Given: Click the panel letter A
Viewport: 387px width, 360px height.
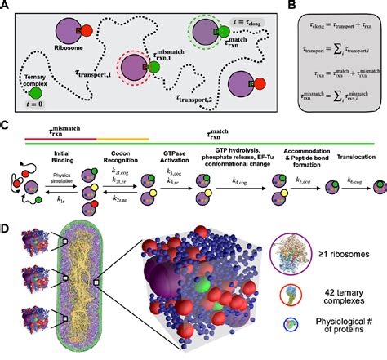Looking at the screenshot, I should pos(6,7).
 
